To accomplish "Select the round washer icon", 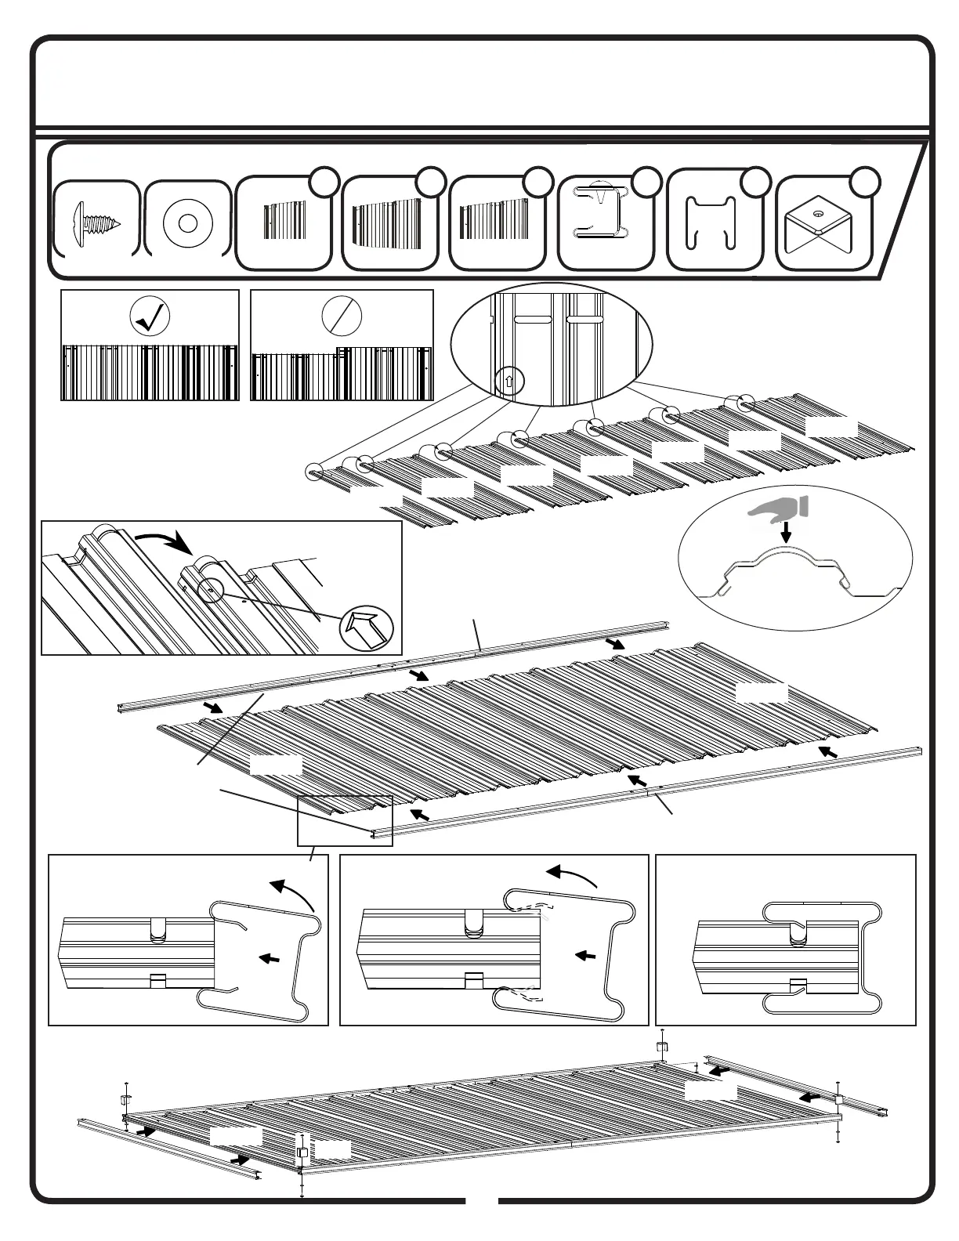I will pos(186,223).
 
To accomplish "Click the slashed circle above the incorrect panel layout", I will pos(342,316).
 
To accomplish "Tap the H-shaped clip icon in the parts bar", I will pos(711,223).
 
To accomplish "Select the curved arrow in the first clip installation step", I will pos(294,893).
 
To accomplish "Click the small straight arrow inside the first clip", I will pos(270,957).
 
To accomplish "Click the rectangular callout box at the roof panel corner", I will pos(345,819).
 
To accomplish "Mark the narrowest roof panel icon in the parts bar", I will pos(284,223).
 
